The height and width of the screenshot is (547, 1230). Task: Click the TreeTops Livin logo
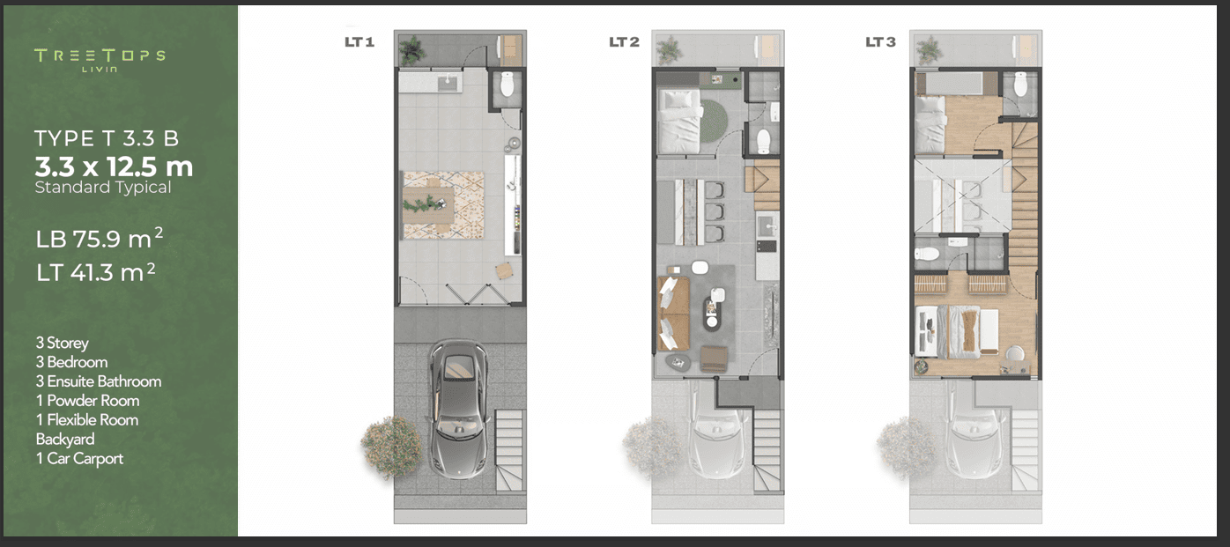pyautogui.click(x=100, y=60)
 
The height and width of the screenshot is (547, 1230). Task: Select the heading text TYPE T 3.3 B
pyautogui.click(x=107, y=138)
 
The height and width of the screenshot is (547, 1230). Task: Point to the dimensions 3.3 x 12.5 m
pyautogui.click(x=115, y=166)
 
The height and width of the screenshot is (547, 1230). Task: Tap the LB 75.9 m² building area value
pyautogui.click(x=100, y=239)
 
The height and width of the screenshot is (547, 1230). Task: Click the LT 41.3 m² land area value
pyautogui.click(x=96, y=272)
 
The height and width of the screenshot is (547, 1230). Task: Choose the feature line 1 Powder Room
pyautogui.click(x=88, y=401)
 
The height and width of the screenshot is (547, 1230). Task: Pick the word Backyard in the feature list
pyautogui.click(x=65, y=439)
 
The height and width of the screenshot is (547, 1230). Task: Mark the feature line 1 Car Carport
pyautogui.click(x=79, y=458)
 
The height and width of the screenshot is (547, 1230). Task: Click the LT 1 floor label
pyautogui.click(x=359, y=41)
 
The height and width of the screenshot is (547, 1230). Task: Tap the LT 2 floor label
pyautogui.click(x=624, y=41)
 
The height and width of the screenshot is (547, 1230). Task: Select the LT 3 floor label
pyautogui.click(x=880, y=41)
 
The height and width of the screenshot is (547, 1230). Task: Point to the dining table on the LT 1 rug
pyautogui.click(x=428, y=205)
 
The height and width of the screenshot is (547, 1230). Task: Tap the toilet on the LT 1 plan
pyautogui.click(x=507, y=84)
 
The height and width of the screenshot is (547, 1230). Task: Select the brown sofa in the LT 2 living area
pyautogui.click(x=673, y=314)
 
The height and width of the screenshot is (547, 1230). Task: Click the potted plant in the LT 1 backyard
pyautogui.click(x=411, y=49)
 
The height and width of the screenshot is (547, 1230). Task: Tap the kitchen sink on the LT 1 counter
pyautogui.click(x=448, y=84)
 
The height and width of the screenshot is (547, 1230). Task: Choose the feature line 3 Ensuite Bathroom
pyautogui.click(x=99, y=381)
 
